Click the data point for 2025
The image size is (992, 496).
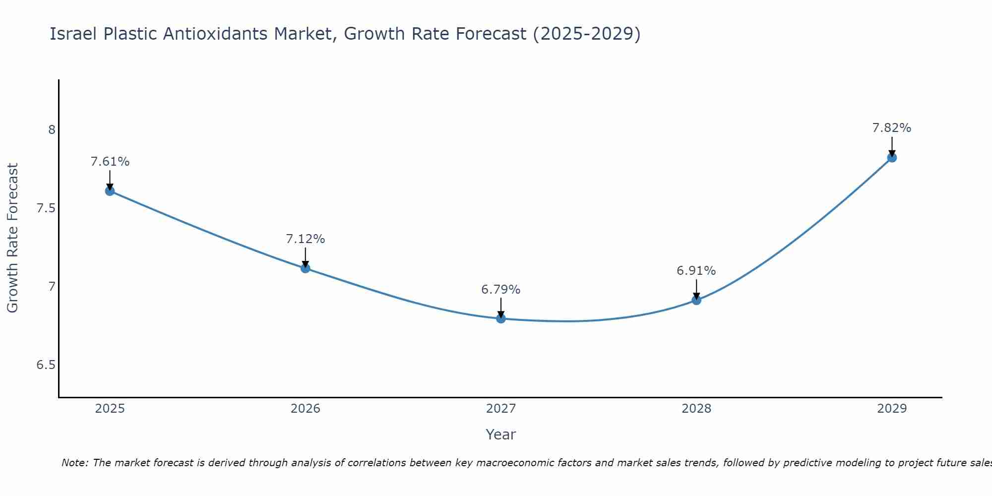click(x=110, y=191)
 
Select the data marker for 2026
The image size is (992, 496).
click(x=306, y=268)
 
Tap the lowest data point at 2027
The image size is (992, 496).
click(x=501, y=318)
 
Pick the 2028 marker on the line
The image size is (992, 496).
click(x=696, y=300)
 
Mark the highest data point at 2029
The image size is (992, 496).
click(x=892, y=158)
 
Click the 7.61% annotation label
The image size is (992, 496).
click(x=110, y=162)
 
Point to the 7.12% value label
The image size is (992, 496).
click(x=306, y=239)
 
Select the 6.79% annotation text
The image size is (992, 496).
click(x=501, y=290)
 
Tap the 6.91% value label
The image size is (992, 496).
click(x=696, y=271)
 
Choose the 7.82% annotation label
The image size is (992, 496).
click(x=892, y=128)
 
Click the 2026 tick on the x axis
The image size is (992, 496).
click(x=306, y=409)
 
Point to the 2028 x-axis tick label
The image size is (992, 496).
click(x=696, y=409)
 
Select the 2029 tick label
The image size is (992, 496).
click(x=892, y=409)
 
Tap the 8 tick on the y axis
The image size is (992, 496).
click(x=52, y=130)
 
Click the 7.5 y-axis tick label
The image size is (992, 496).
click(x=46, y=208)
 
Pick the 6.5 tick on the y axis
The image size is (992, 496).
click(x=46, y=366)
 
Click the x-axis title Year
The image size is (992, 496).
click(x=501, y=434)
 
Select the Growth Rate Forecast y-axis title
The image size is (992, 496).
click(x=13, y=238)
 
